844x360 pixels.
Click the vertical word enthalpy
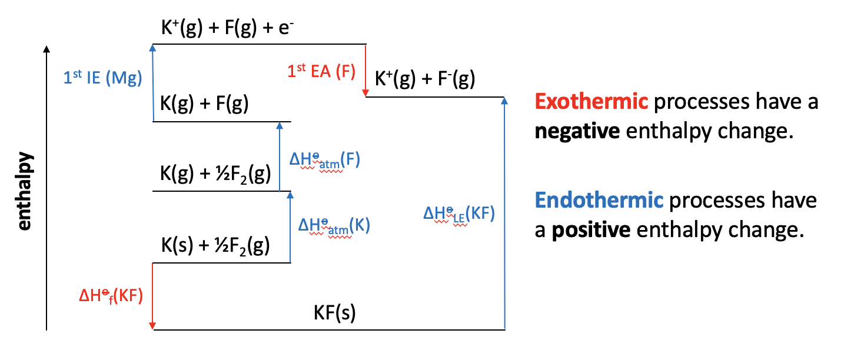point(24,192)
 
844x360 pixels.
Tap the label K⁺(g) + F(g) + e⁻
point(226,28)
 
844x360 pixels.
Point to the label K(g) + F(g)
point(204,105)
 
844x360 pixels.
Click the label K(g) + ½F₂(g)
point(215,174)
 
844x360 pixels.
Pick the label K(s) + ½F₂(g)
point(215,246)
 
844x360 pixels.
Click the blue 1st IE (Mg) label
point(104,79)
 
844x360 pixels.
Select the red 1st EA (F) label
point(321,71)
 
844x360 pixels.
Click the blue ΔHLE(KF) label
point(459,213)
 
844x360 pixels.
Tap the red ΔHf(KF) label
point(111,296)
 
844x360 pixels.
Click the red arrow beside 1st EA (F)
point(365,71)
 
